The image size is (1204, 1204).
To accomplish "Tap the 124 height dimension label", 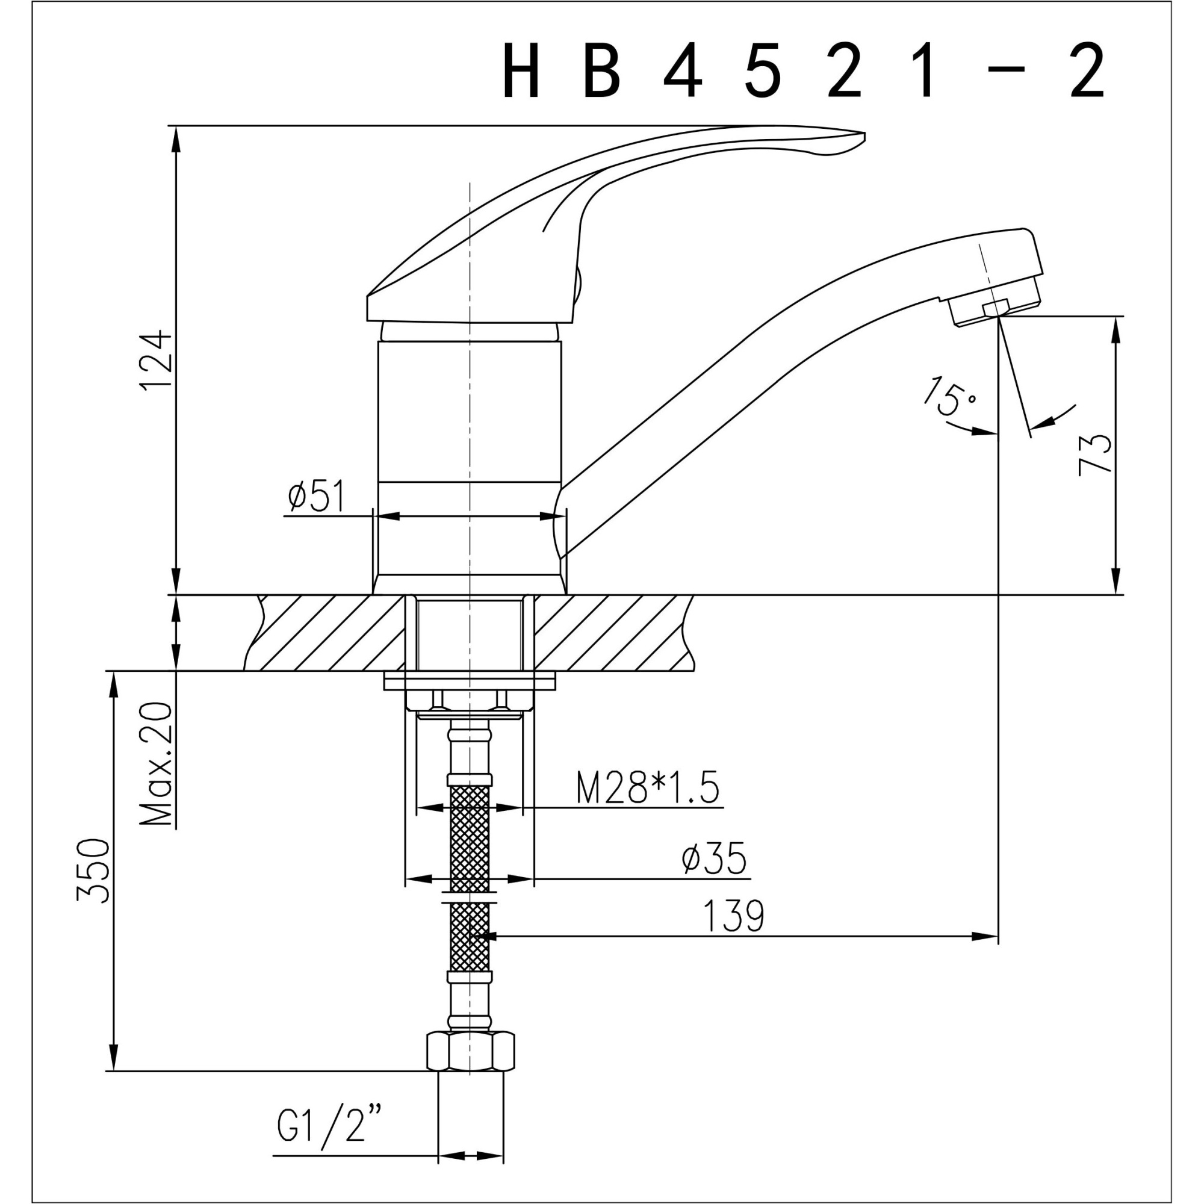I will tap(157, 359).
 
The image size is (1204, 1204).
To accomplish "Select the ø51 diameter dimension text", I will tap(316, 496).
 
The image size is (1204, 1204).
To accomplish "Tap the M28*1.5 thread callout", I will tap(648, 789).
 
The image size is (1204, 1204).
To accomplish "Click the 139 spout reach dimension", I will tap(733, 916).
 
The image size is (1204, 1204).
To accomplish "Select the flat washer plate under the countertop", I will tap(470, 681).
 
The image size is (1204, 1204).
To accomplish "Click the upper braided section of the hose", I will tap(470, 838).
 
